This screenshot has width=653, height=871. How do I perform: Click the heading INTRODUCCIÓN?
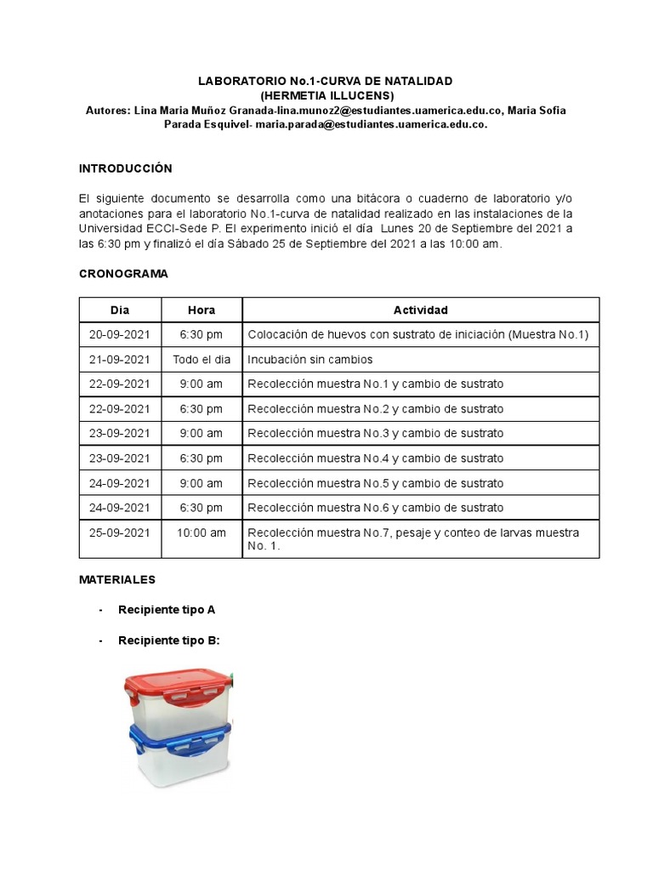[x=125, y=168]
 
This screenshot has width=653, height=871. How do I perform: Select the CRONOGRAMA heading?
[x=123, y=274]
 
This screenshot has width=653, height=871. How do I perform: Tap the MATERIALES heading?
[x=117, y=579]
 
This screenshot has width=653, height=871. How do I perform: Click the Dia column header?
[x=120, y=310]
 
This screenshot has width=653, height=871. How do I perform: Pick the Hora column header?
[x=202, y=310]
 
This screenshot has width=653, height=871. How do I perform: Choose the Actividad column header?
[x=420, y=310]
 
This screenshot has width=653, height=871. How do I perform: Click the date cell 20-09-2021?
[x=120, y=335]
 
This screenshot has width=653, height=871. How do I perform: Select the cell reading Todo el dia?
[x=202, y=360]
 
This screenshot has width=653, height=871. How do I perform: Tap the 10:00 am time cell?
[x=202, y=532]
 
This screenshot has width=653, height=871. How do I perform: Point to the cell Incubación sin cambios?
[x=310, y=360]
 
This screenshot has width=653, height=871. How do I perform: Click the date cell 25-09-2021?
[x=120, y=532]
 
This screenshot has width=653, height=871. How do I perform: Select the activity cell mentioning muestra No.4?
[x=375, y=458]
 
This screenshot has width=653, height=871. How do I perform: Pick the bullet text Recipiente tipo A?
[x=167, y=610]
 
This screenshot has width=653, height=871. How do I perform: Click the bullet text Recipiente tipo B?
[x=169, y=640]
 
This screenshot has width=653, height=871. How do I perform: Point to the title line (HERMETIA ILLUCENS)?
[x=326, y=95]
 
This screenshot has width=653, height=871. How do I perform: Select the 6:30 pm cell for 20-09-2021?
[x=202, y=335]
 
